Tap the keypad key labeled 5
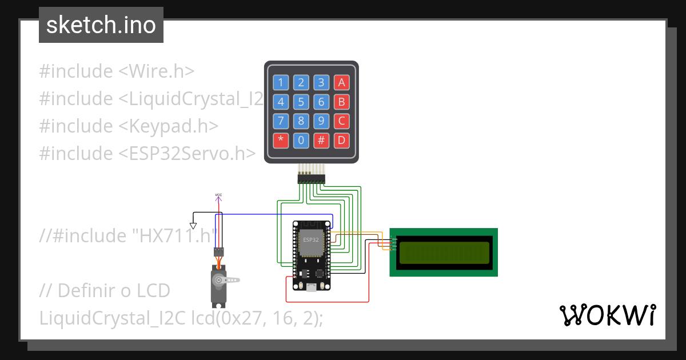[x=301, y=102]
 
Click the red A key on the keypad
[x=342, y=82]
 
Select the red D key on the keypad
[x=342, y=140]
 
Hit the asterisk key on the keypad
[x=280, y=140]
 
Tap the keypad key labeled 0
[x=301, y=140]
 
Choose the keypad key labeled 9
[x=321, y=121]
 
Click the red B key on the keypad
[x=342, y=102]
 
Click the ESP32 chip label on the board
[x=311, y=240]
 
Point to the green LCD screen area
[x=444, y=253]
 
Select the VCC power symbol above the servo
[x=218, y=197]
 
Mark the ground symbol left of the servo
[x=193, y=225]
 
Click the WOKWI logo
[x=607, y=315]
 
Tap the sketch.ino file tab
[x=101, y=25]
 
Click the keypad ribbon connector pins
[x=311, y=179]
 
